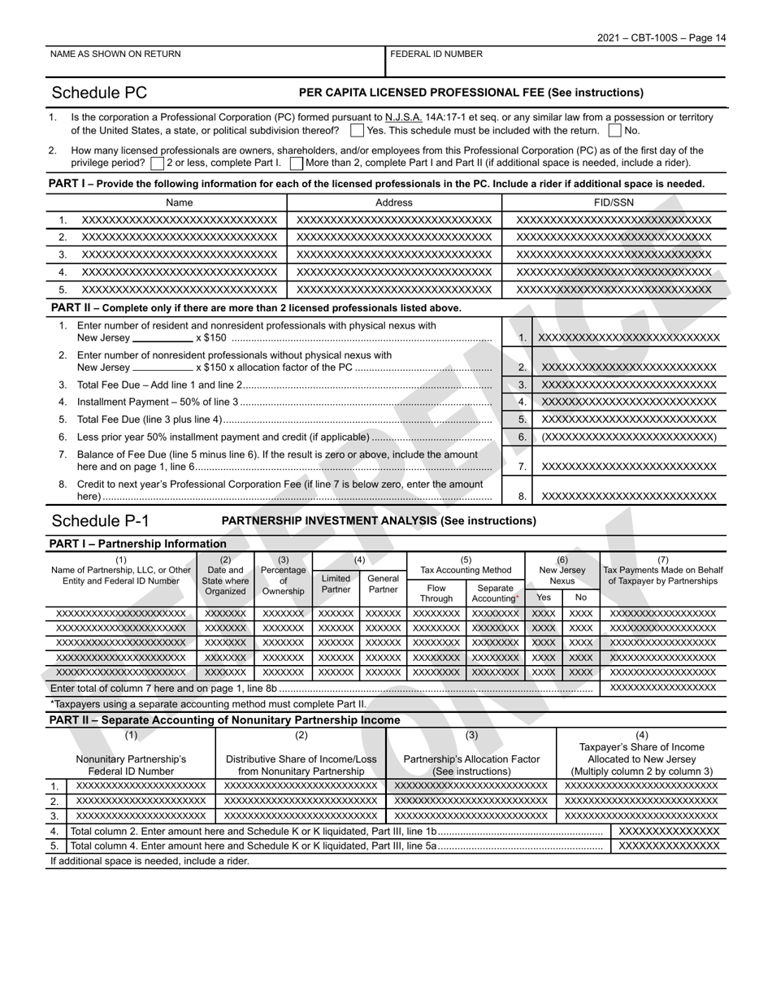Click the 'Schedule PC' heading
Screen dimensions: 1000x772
click(99, 93)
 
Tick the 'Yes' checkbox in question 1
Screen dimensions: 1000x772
click(357, 130)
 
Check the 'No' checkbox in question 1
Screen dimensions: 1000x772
click(615, 130)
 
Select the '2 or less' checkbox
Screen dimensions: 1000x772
click(157, 163)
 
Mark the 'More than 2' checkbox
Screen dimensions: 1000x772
click(297, 163)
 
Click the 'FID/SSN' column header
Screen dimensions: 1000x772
click(614, 202)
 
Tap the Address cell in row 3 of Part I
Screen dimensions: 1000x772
click(394, 254)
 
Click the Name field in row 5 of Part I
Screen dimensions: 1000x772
click(179, 289)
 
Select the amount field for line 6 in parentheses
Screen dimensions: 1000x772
click(629, 437)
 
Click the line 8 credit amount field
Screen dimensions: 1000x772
click(629, 496)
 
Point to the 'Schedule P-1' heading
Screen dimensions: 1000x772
click(101, 521)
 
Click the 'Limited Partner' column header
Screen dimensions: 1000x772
click(336, 584)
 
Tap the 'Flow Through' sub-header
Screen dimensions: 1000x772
click(436, 593)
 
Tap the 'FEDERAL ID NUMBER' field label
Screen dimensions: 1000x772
click(436, 54)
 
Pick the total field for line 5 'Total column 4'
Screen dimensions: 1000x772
click(669, 846)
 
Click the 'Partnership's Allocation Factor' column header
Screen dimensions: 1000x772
click(471, 759)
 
